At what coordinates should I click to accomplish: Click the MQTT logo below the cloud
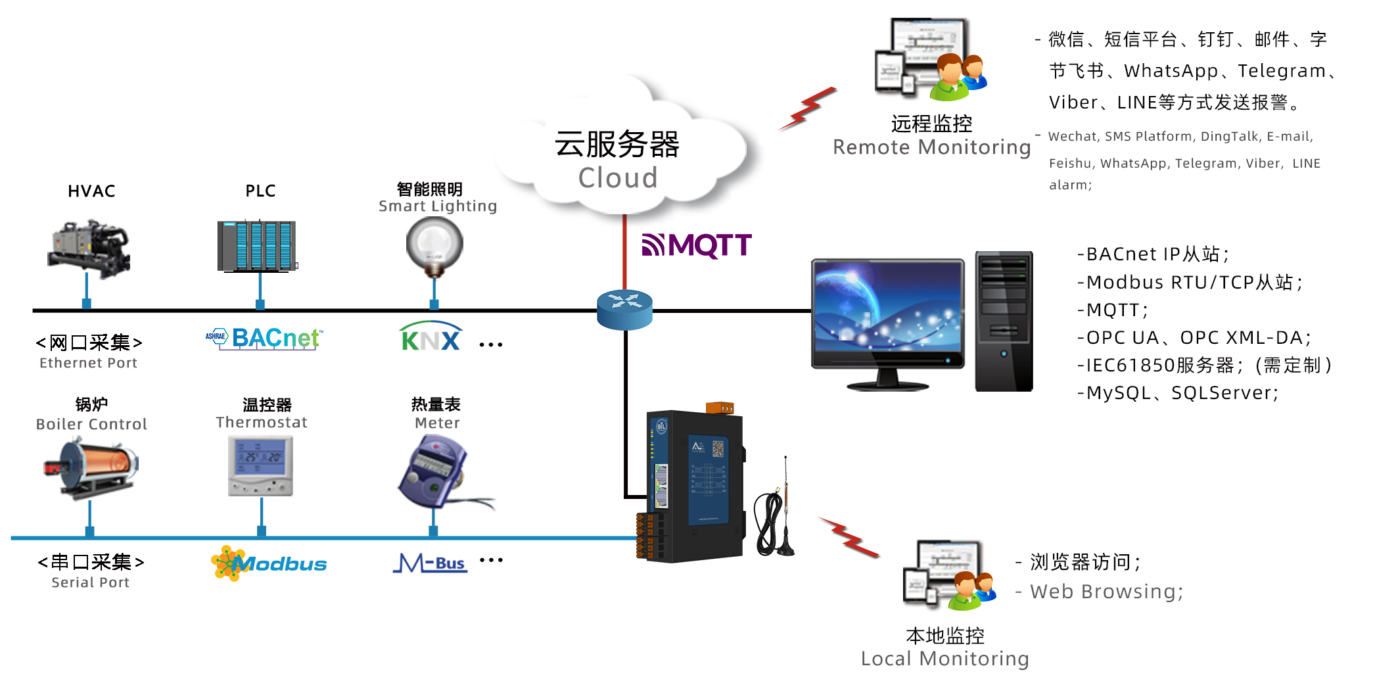click(x=697, y=246)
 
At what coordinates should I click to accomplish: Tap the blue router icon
click(x=624, y=309)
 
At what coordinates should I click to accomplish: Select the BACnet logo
click(x=264, y=338)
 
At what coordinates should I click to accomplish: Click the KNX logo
click(x=431, y=338)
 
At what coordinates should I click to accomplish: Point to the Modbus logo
click(x=269, y=563)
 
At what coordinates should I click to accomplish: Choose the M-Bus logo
click(x=431, y=563)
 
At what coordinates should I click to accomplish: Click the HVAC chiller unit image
click(x=89, y=248)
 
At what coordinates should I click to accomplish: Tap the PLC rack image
click(x=257, y=246)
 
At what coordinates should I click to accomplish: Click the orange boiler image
click(x=91, y=467)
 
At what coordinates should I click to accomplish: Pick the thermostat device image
click(x=261, y=465)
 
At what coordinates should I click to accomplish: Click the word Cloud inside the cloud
click(x=618, y=177)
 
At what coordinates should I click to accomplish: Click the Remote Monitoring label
click(x=931, y=147)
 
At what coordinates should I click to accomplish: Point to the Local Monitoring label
click(x=944, y=658)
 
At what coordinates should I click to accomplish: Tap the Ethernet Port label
click(x=89, y=363)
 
